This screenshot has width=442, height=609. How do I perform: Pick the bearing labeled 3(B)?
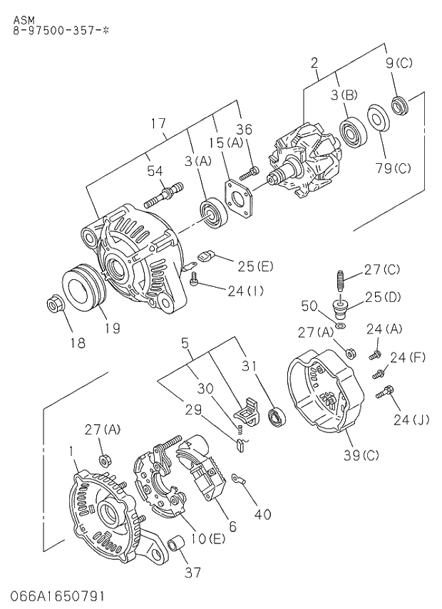pyautogui.click(x=351, y=132)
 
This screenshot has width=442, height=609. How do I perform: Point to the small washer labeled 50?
pyautogui.click(x=341, y=325)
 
